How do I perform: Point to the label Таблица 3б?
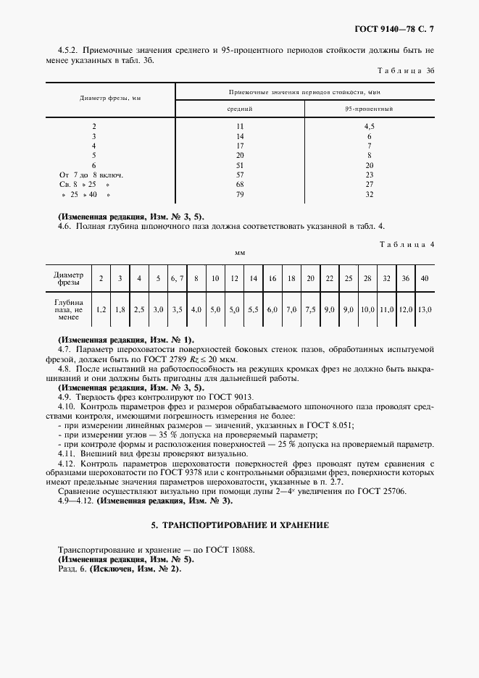click(407, 71)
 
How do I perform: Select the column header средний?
click(240, 109)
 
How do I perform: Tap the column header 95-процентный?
click(369, 109)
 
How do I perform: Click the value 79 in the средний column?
click(240, 195)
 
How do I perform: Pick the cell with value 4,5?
click(369, 126)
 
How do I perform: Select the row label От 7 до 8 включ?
click(91, 175)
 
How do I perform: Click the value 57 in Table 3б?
click(240, 175)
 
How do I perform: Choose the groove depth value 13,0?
click(425, 309)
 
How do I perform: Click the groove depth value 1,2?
click(101, 309)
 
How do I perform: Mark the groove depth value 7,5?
click(310, 309)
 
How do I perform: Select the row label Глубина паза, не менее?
click(69, 309)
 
